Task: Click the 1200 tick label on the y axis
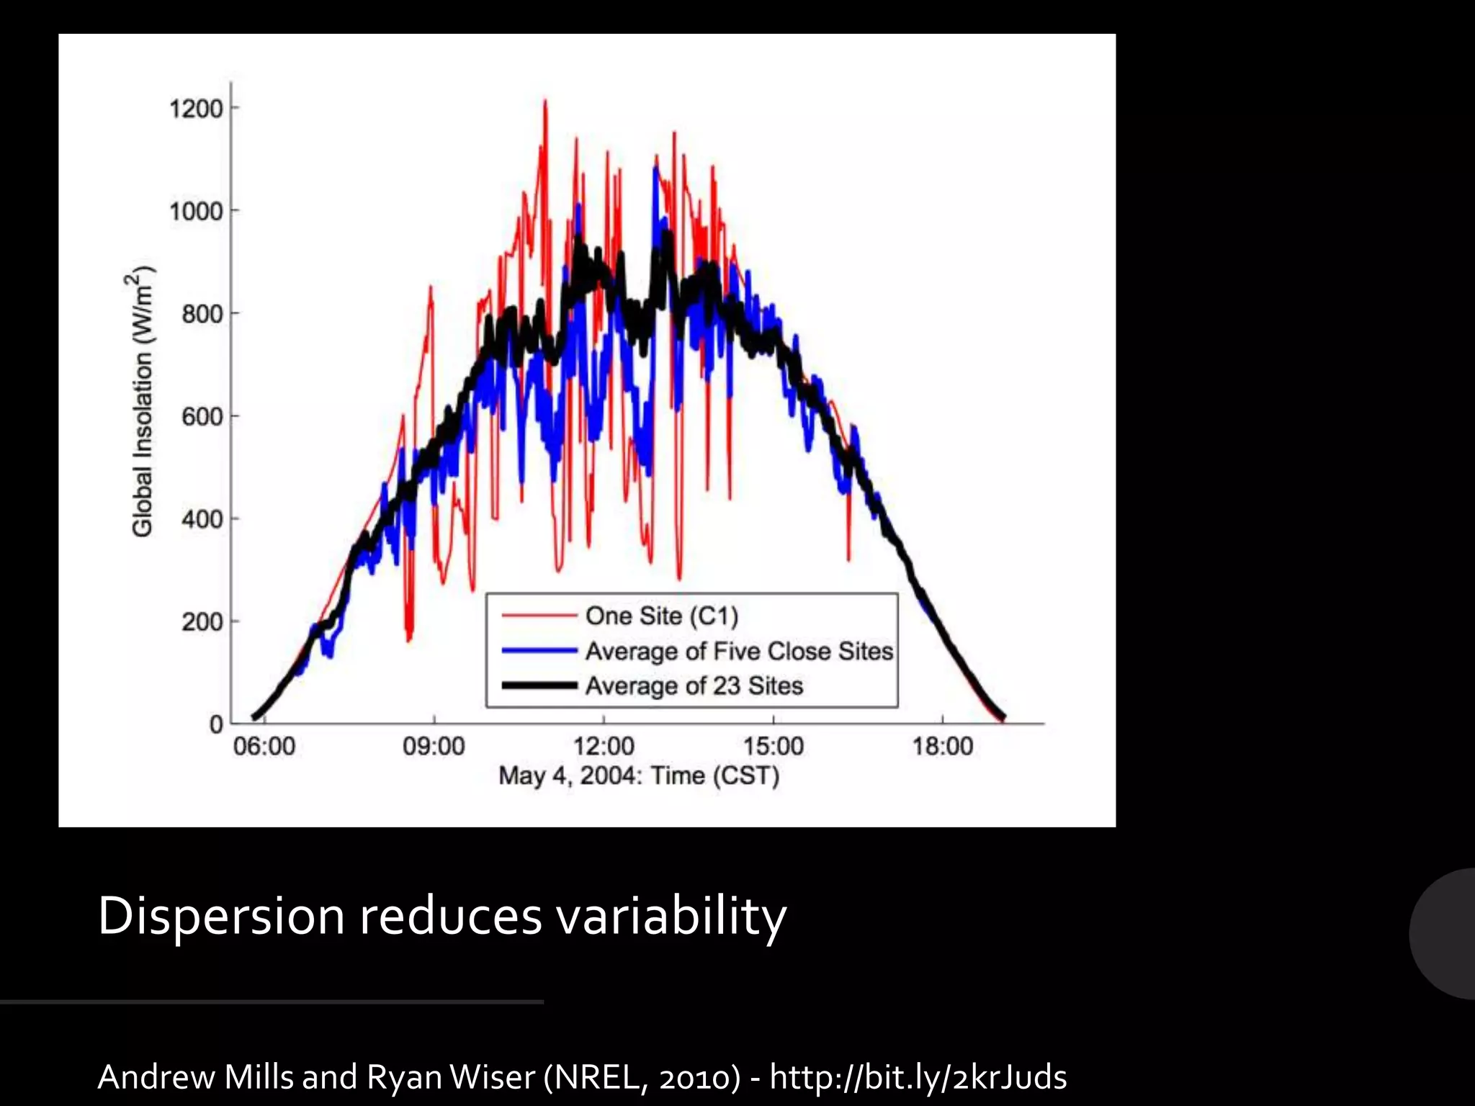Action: [195, 109]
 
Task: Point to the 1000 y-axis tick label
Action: [195, 212]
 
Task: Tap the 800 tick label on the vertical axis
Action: [202, 315]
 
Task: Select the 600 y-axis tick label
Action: [202, 417]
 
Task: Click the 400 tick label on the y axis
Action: [202, 519]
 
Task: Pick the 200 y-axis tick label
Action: [202, 621]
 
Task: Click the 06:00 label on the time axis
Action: [264, 747]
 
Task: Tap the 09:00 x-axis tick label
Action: [434, 747]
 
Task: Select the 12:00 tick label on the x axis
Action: [604, 747]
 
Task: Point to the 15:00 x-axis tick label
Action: [774, 747]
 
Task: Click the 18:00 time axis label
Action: [943, 747]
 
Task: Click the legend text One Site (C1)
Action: [662, 616]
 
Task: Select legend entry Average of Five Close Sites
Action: [739, 651]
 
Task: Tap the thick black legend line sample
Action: [539, 685]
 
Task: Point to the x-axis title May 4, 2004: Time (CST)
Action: [639, 776]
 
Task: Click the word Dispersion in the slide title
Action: [221, 917]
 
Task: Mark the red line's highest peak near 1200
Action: [545, 102]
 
